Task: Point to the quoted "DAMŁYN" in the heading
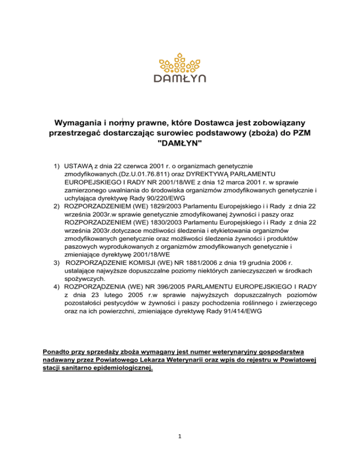pos(180,144)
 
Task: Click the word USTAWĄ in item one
pos(80,166)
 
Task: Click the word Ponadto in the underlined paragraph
pos(58,352)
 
